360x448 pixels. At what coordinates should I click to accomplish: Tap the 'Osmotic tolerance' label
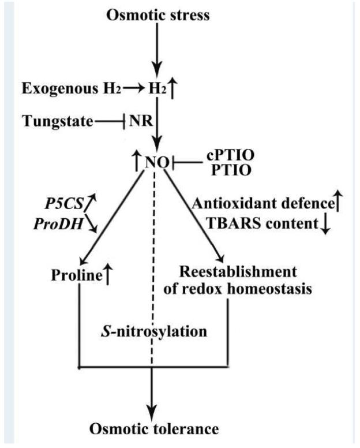[153, 429]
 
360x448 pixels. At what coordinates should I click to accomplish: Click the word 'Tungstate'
[57, 122]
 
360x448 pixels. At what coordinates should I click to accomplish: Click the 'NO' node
[155, 163]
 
